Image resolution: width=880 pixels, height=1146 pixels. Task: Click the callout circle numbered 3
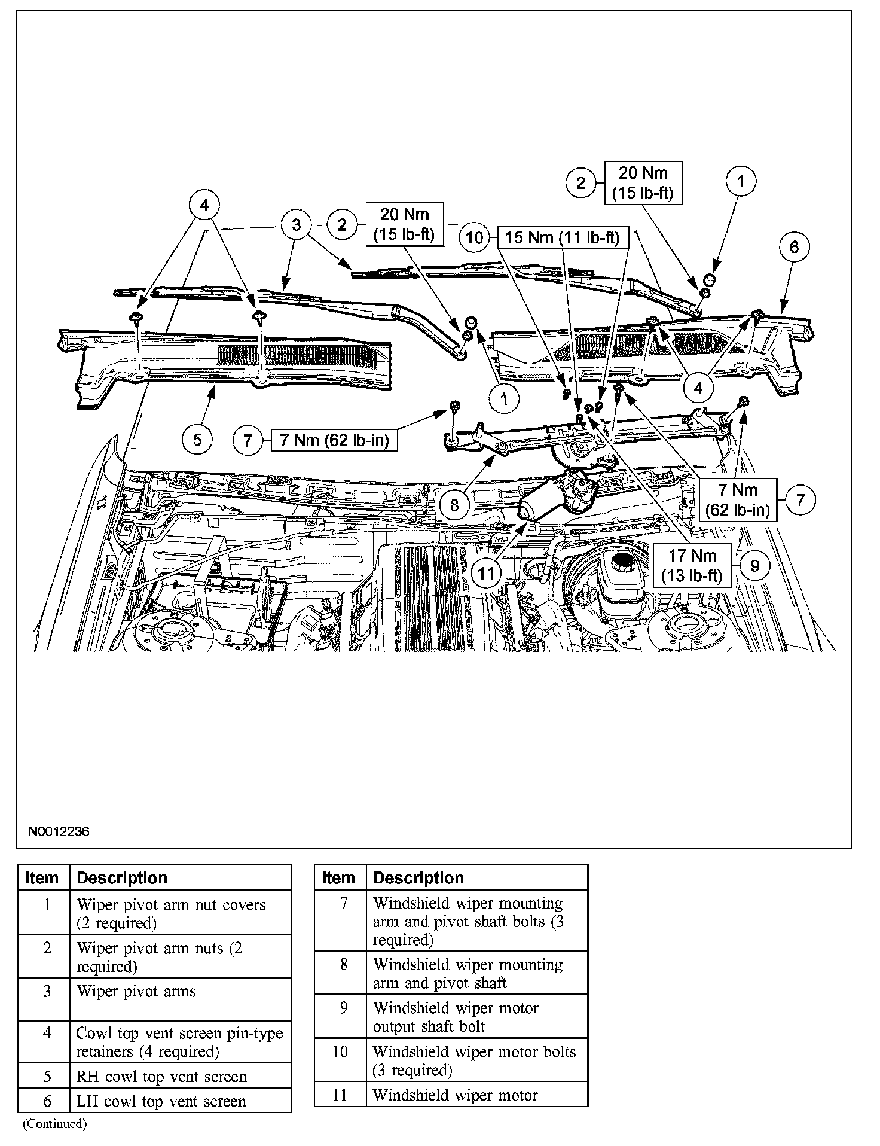(x=297, y=225)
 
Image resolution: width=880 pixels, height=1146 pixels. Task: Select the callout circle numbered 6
(x=794, y=247)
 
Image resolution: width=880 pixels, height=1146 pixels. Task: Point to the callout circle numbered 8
(x=454, y=505)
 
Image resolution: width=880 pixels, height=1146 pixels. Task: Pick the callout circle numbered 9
(x=754, y=566)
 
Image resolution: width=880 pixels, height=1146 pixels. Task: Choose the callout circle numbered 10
(x=475, y=237)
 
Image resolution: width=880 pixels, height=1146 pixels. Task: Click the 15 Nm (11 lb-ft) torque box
(x=562, y=237)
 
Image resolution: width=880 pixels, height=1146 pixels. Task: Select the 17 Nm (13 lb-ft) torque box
(x=692, y=566)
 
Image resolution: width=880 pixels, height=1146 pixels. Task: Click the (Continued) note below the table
(x=54, y=1124)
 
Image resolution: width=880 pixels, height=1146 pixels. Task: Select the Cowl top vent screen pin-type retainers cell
(x=180, y=1042)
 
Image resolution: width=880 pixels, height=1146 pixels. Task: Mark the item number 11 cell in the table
(x=340, y=1095)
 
